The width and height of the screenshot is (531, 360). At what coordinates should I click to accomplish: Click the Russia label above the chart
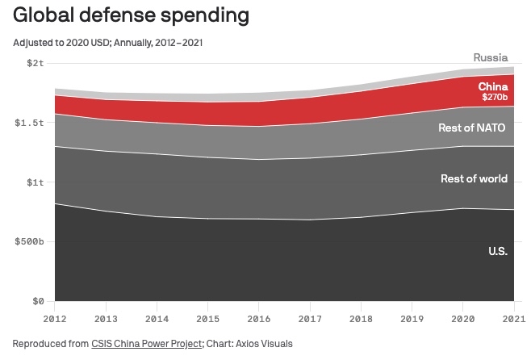pos(490,57)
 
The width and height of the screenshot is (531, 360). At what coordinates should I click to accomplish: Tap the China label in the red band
pos(492,86)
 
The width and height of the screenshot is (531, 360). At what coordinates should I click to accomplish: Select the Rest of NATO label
pos(472,127)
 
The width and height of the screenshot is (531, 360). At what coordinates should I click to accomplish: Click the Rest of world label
pos(474,178)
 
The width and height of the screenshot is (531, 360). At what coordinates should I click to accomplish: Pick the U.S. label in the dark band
pos(497,251)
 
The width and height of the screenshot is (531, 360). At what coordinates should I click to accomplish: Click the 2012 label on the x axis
pos(54,318)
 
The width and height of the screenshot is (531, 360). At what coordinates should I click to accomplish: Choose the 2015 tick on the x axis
pos(207,318)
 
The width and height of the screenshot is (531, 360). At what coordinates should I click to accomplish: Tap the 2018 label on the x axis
pos(361,318)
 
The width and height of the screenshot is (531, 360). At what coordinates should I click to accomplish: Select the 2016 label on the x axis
pos(259,318)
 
